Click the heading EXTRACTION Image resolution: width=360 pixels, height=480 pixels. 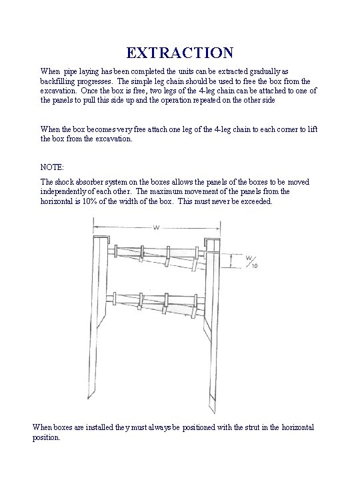[180, 52]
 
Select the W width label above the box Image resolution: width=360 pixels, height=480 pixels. [155, 228]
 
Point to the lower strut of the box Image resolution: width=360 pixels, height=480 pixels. [155, 303]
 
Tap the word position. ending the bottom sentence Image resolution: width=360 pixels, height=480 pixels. [47, 438]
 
